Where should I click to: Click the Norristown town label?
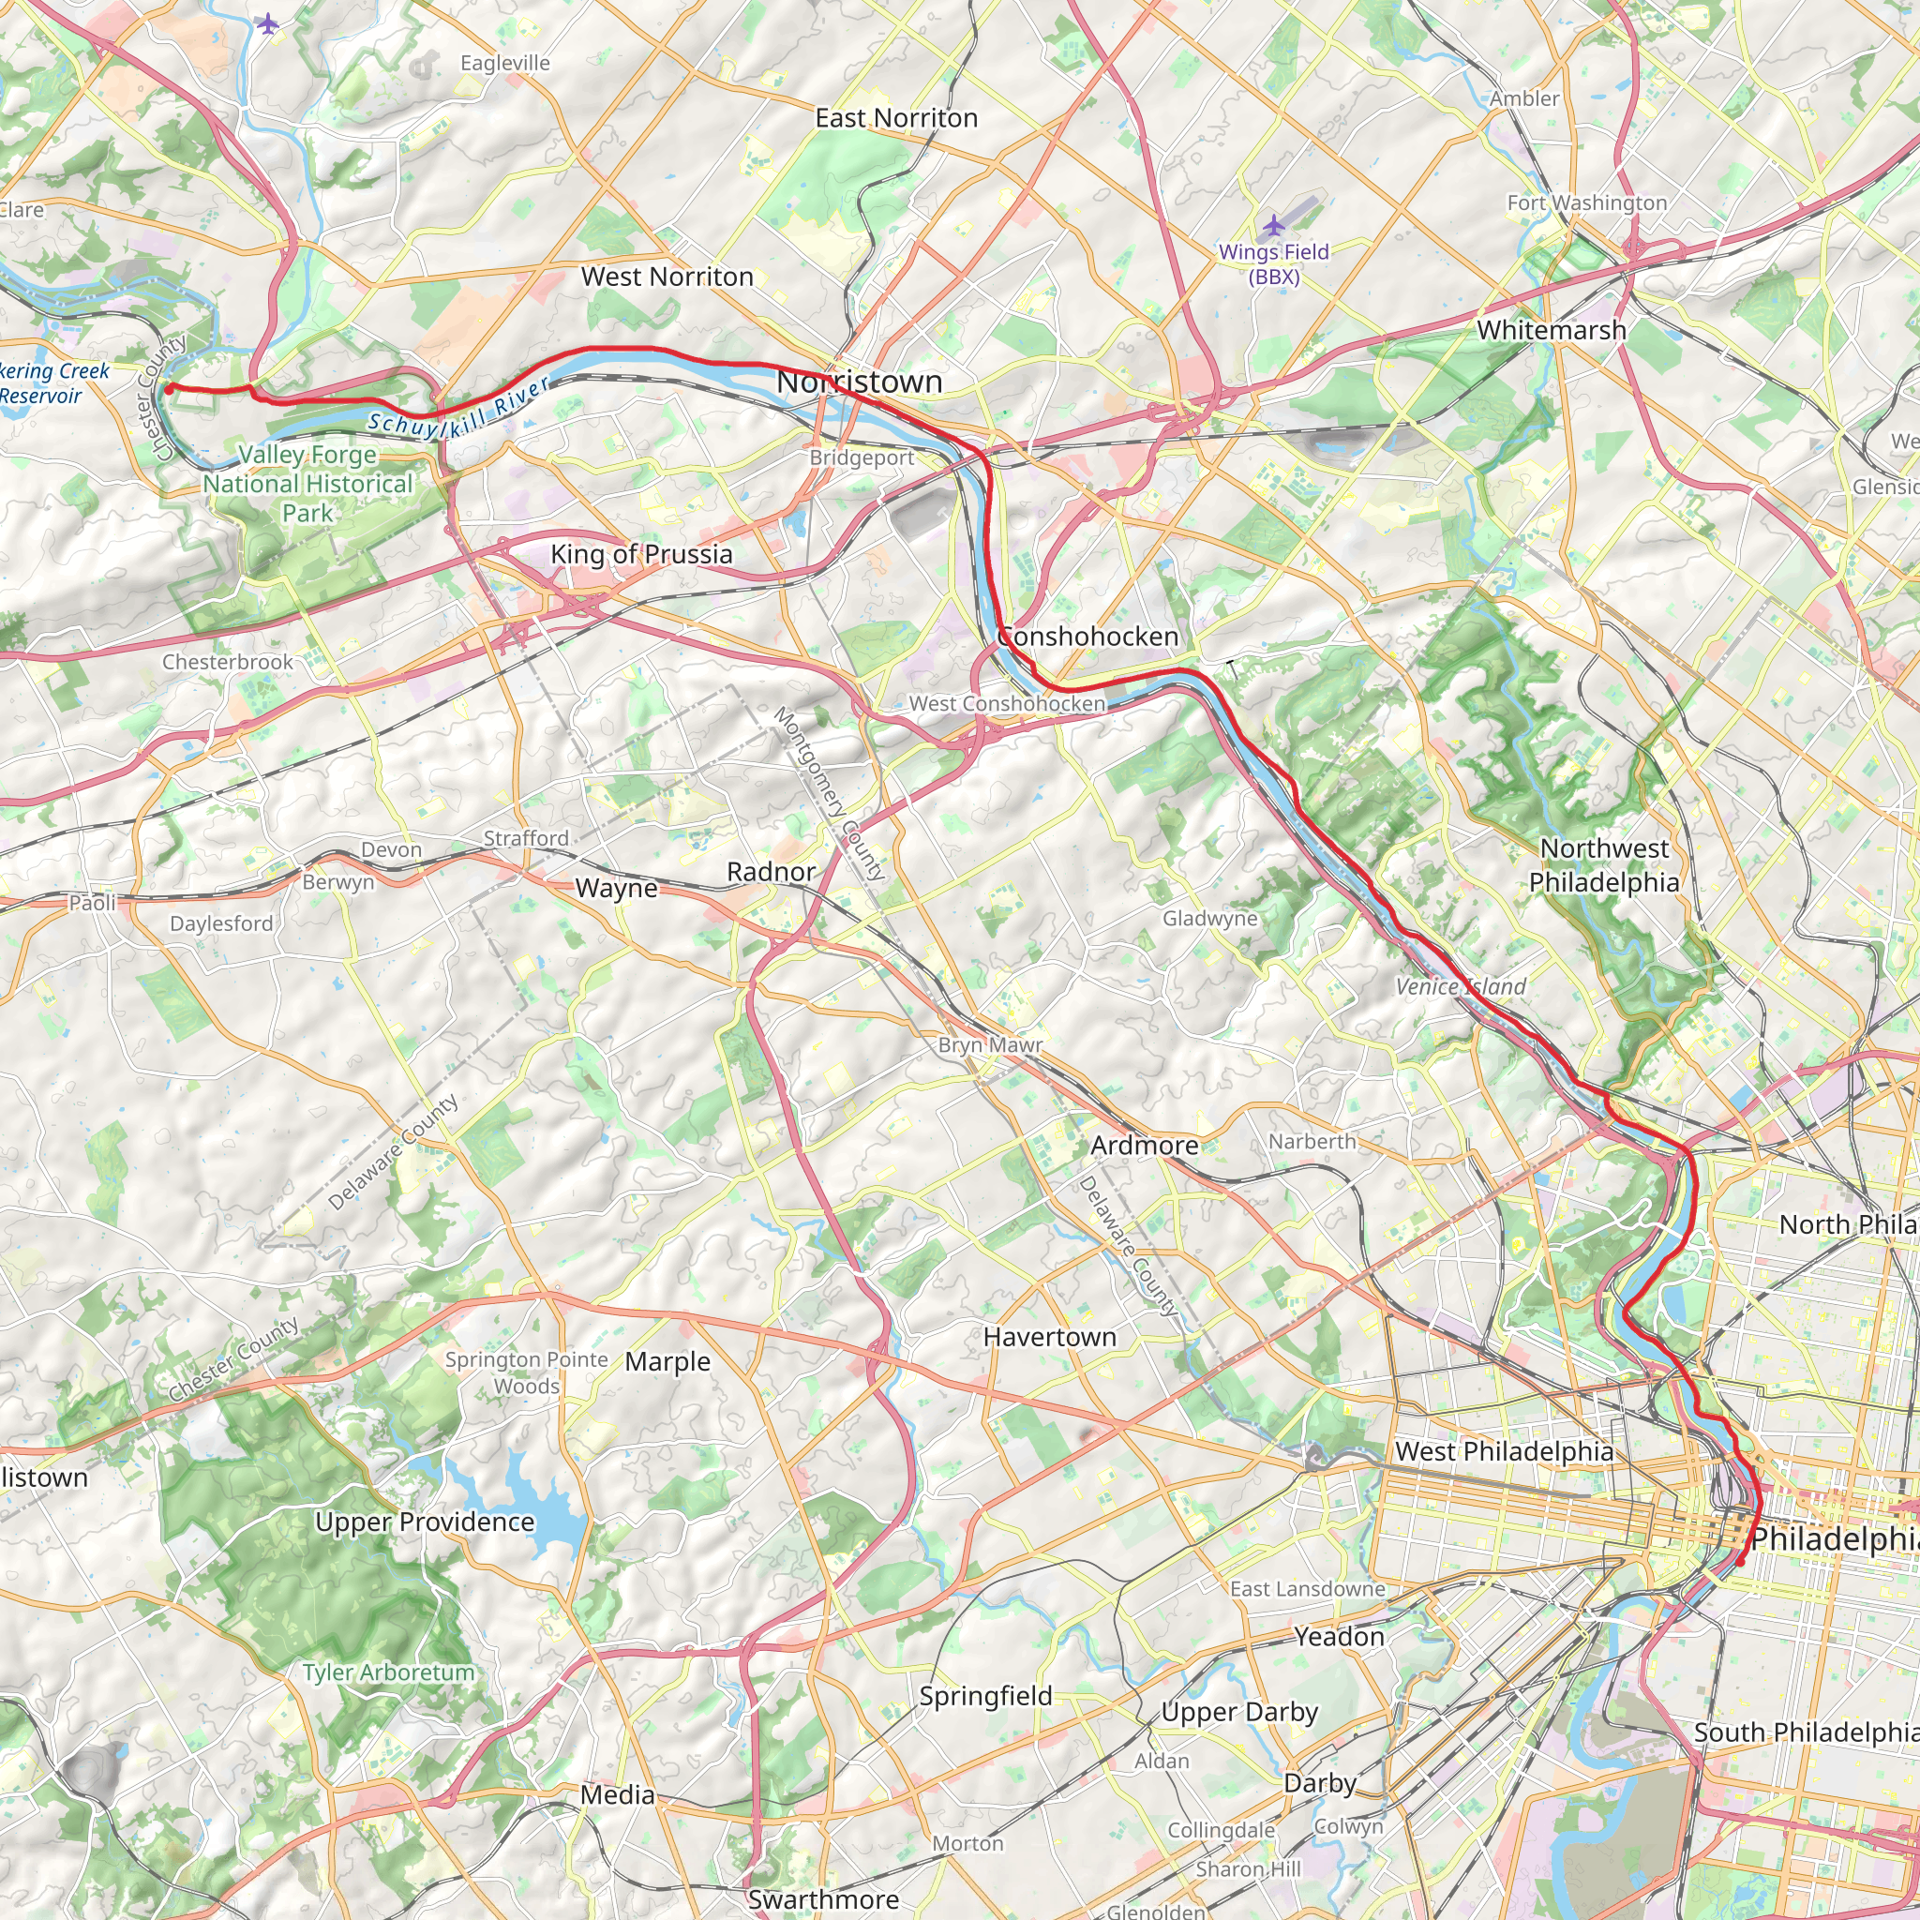pyautogui.click(x=860, y=382)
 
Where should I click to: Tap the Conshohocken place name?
pyautogui.click(x=1087, y=636)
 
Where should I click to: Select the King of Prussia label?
pyautogui.click(x=642, y=555)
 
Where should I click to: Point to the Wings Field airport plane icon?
pyautogui.click(x=1273, y=226)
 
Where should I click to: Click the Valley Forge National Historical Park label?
pyautogui.click(x=308, y=484)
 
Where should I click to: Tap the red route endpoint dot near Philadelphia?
pyautogui.click(x=1740, y=1561)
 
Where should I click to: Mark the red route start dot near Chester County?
pyautogui.click(x=169, y=388)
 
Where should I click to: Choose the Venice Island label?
pyautogui.click(x=1461, y=987)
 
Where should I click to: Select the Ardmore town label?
pyautogui.click(x=1145, y=1146)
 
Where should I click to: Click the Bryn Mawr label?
pyautogui.click(x=991, y=1044)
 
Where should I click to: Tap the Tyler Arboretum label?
pyautogui.click(x=390, y=1672)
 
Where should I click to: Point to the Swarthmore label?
pyautogui.click(x=823, y=1899)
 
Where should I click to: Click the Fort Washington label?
pyautogui.click(x=1587, y=202)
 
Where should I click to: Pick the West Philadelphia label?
pyautogui.click(x=1505, y=1452)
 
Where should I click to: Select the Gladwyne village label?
pyautogui.click(x=1210, y=918)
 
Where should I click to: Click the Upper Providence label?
pyautogui.click(x=426, y=1522)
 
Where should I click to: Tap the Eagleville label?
pyautogui.click(x=505, y=63)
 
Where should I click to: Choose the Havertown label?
pyautogui.click(x=1050, y=1338)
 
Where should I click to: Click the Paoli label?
pyautogui.click(x=93, y=903)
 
